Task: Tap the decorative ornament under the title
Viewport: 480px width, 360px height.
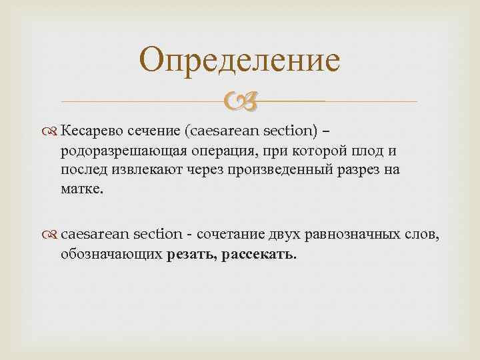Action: coord(239,101)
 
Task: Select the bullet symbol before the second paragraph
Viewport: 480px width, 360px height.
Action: coord(53,234)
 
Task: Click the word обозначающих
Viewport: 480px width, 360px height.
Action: coord(111,255)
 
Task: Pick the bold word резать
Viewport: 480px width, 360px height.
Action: coord(189,255)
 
